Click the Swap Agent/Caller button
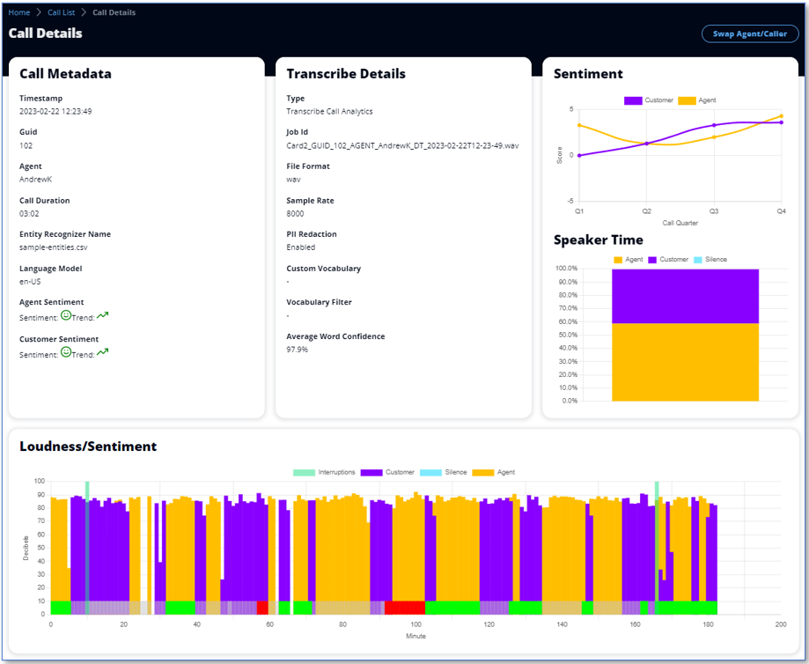click(x=750, y=33)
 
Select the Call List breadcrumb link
click(x=61, y=12)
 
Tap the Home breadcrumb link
click(x=19, y=12)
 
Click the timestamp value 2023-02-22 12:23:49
click(x=55, y=112)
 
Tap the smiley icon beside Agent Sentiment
click(x=66, y=315)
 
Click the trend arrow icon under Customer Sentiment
click(x=103, y=352)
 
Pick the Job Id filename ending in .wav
click(x=402, y=145)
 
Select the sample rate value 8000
click(x=296, y=213)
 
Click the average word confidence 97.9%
click(x=298, y=350)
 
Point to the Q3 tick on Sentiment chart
click(x=714, y=211)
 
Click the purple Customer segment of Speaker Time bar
click(x=685, y=296)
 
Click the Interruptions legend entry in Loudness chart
click(x=324, y=472)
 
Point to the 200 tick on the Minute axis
click(x=781, y=623)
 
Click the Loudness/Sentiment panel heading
click(x=88, y=446)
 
